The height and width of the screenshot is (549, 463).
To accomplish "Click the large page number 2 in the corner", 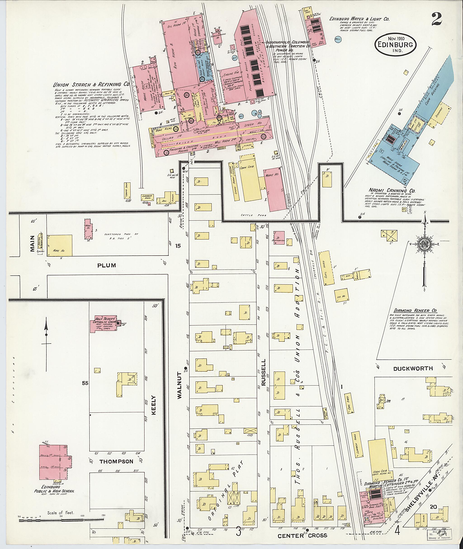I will click(437, 20).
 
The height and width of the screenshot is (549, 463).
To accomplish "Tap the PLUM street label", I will click(106, 265).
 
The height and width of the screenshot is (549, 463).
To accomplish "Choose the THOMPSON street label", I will click(116, 461).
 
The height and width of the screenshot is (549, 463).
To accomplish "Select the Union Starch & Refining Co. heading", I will click(91, 85).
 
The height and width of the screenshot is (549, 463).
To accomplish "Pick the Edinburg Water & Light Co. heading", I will click(359, 19).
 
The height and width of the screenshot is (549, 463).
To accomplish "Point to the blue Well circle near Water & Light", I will click(338, 39).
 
